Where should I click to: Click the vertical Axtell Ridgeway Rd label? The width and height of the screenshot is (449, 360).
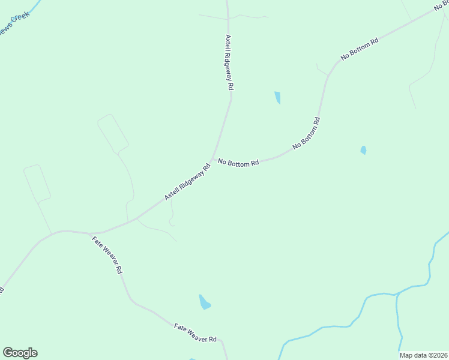pos(229,62)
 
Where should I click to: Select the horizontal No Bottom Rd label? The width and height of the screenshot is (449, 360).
pos(238,162)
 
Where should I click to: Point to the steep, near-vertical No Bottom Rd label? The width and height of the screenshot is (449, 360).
pos(306,133)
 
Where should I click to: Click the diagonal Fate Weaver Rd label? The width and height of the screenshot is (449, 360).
pos(107,255)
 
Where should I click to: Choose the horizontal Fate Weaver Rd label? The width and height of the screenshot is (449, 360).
pos(195,334)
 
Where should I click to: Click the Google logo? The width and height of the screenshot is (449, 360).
pos(20,353)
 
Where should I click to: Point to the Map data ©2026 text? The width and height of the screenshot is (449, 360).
pos(423,355)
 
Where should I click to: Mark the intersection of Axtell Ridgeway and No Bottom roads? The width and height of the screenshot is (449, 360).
pos(212,160)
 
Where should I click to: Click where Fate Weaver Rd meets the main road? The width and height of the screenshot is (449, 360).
pos(89,233)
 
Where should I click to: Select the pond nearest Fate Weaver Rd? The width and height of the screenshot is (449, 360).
pos(205,302)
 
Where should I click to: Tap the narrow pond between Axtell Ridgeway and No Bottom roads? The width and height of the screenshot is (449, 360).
pos(277,97)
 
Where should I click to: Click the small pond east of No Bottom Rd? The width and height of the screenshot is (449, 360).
pos(363,150)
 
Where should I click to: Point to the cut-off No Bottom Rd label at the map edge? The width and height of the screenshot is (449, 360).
pos(441,5)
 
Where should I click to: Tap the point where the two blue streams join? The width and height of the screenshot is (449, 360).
pos(397,294)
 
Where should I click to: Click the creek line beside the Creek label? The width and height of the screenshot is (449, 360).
pos(34,6)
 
